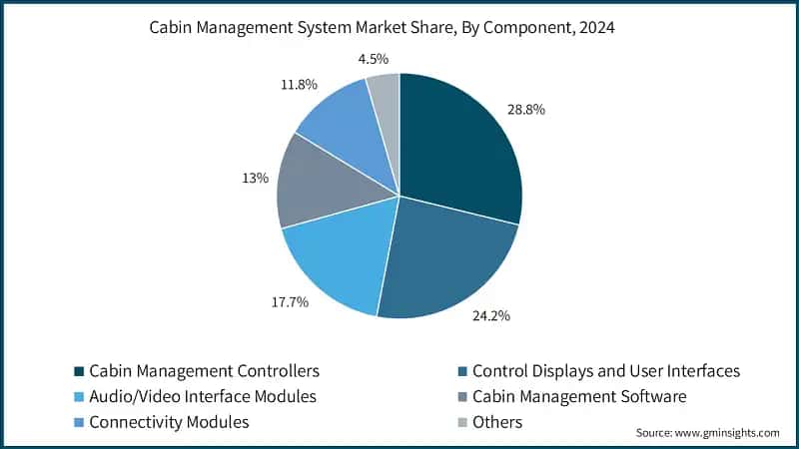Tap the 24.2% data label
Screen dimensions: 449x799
[x=491, y=316]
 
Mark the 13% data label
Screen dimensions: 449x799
[x=256, y=179]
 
